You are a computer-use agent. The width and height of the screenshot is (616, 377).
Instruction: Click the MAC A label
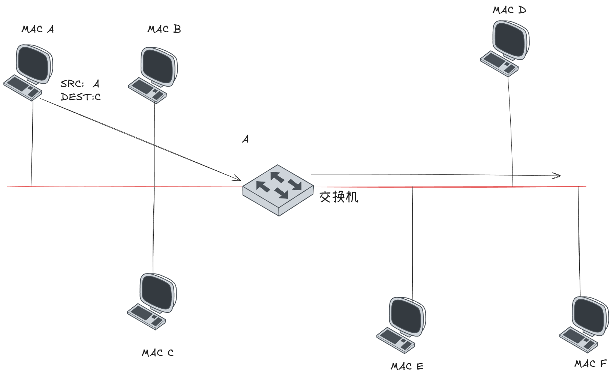point(38,29)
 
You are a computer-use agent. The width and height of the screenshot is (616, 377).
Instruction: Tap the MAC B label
point(164,29)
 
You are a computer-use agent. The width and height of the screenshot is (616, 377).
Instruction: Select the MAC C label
point(157,353)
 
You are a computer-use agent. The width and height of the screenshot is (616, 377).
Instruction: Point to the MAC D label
point(509,10)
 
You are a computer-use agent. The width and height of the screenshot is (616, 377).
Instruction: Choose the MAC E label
point(407,366)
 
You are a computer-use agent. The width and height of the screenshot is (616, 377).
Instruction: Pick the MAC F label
point(591,363)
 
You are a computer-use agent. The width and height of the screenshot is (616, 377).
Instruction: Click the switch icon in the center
point(278,189)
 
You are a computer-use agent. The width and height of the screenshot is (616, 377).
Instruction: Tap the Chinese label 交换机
point(339,197)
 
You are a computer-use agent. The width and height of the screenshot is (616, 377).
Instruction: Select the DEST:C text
point(81,97)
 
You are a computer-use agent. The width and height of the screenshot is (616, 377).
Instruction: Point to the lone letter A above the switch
point(246,139)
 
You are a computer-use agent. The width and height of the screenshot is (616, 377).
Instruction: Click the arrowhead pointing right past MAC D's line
point(558,175)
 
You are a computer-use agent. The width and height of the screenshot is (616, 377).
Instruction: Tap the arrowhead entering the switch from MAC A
point(237,178)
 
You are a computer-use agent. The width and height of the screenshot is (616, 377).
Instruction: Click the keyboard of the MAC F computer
point(579,339)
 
